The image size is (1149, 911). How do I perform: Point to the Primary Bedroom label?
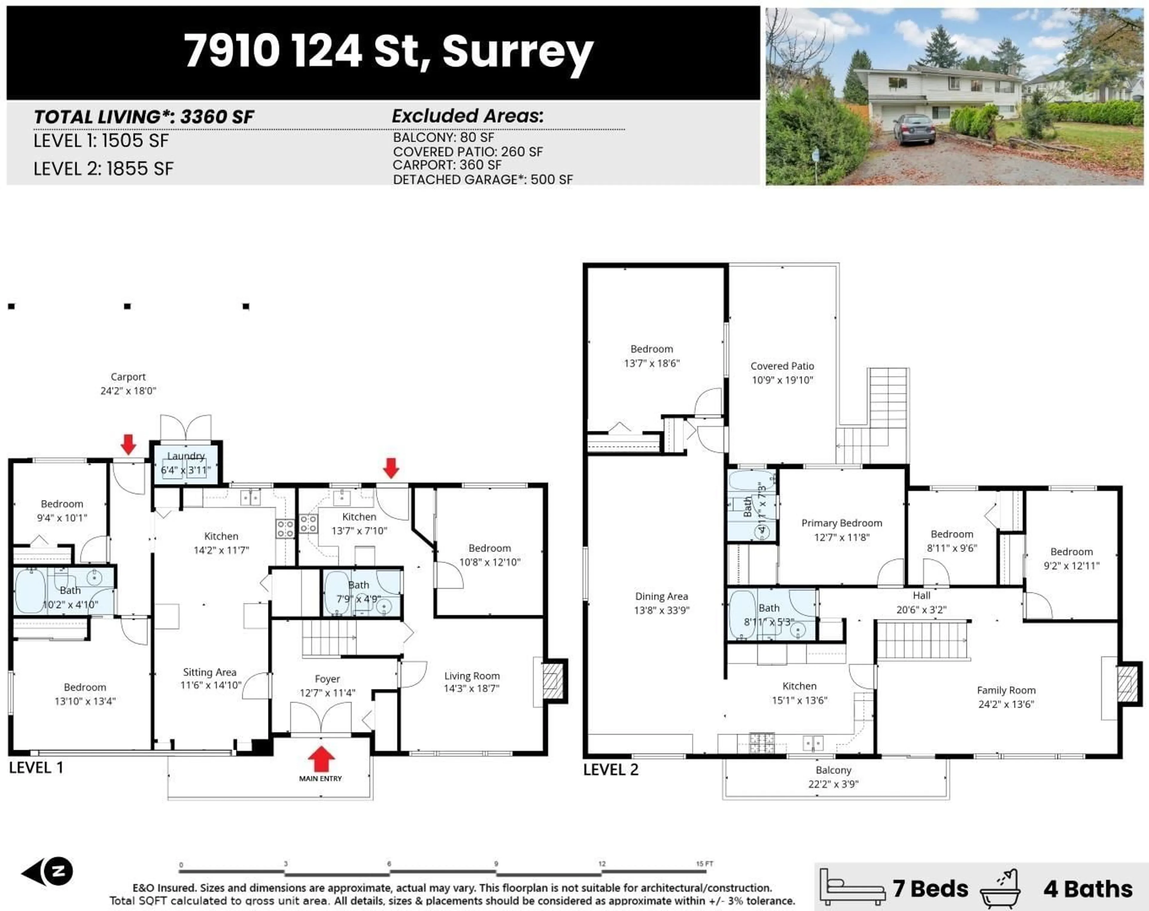[x=841, y=523]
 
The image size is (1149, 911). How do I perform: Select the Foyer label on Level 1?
[x=327, y=679]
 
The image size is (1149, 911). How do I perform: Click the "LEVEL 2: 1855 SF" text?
[x=104, y=169]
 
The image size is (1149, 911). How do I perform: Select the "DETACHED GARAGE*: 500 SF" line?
[x=482, y=180]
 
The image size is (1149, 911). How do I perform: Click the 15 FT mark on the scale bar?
[x=704, y=864]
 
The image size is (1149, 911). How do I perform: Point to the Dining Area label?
[x=661, y=596]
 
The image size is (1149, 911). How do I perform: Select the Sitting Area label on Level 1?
[x=209, y=672]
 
